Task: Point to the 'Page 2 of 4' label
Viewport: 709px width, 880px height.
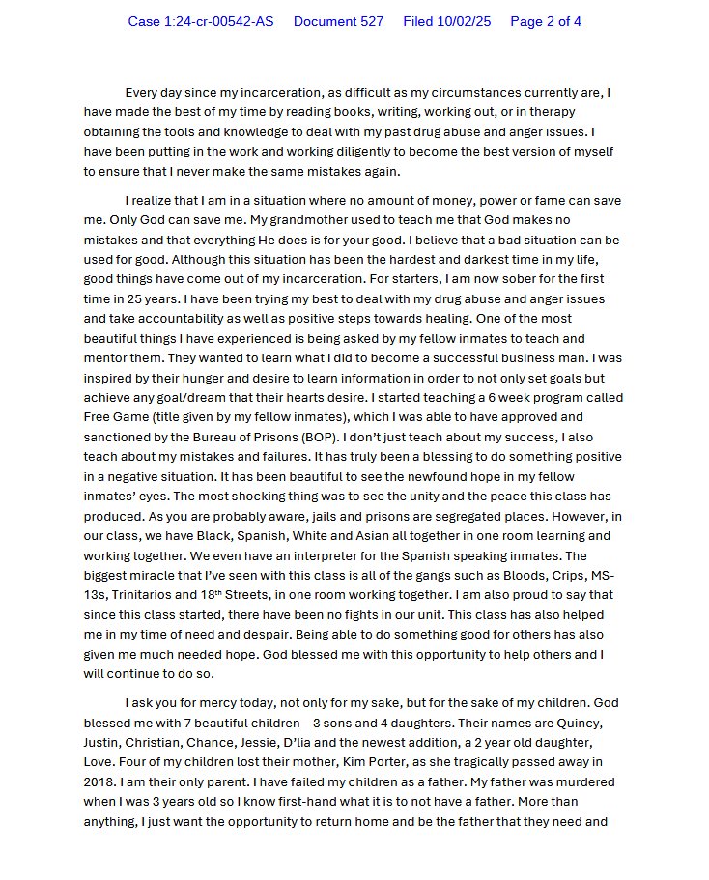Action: pos(546,21)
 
